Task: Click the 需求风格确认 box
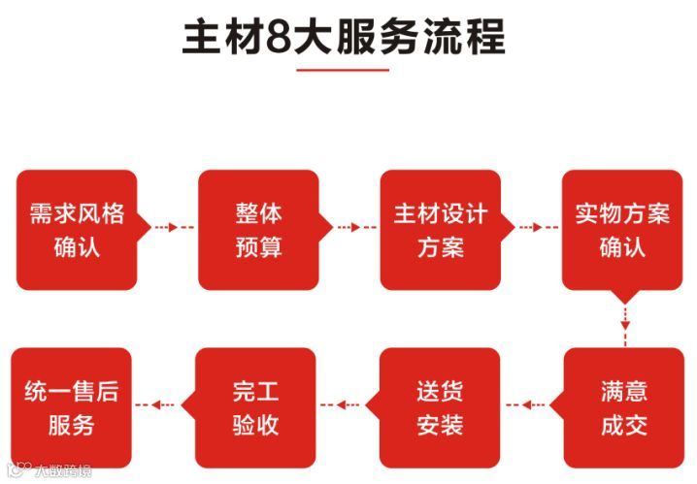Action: [77, 230]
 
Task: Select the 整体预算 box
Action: [258, 230]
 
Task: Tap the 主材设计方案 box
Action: [440, 230]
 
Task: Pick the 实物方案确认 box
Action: [622, 230]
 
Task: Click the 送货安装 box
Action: [440, 407]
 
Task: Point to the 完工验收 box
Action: [256, 407]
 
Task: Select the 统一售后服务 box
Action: [71, 407]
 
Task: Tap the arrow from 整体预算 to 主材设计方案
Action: [348, 228]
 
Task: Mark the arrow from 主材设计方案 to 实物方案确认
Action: [530, 228]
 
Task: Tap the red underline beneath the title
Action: [342, 70]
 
